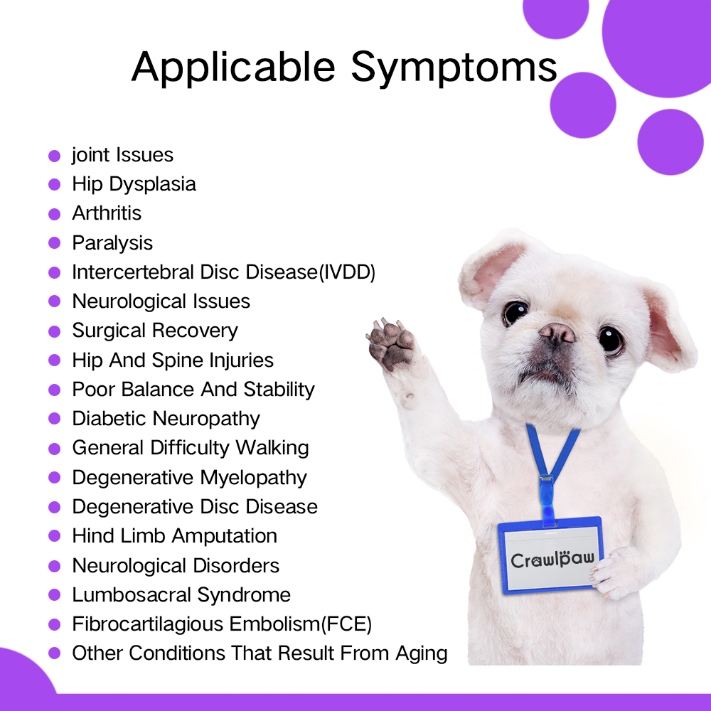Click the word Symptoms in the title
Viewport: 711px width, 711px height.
[x=454, y=68]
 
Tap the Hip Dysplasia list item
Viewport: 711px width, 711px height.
[x=134, y=185]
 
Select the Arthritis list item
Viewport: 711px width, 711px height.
[x=107, y=213]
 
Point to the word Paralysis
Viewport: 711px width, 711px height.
[x=112, y=243]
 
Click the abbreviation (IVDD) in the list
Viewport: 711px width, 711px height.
[x=348, y=272]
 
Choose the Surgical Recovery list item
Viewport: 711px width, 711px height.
[x=155, y=331]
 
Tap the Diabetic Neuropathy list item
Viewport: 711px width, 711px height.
[x=166, y=419]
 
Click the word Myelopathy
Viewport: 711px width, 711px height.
[x=254, y=478]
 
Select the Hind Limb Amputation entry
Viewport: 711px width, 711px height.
[x=175, y=536]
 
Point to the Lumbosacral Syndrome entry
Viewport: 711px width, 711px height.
[x=181, y=595]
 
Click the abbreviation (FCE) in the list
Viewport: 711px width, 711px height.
[x=346, y=624]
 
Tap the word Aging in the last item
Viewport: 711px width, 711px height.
[x=421, y=654]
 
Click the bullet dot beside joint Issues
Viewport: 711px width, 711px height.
[x=55, y=156]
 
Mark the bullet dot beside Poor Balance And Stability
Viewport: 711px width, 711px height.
[x=55, y=390]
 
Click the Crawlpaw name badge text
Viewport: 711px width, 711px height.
[x=552, y=560]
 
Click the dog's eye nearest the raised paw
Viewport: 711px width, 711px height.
[x=515, y=312]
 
